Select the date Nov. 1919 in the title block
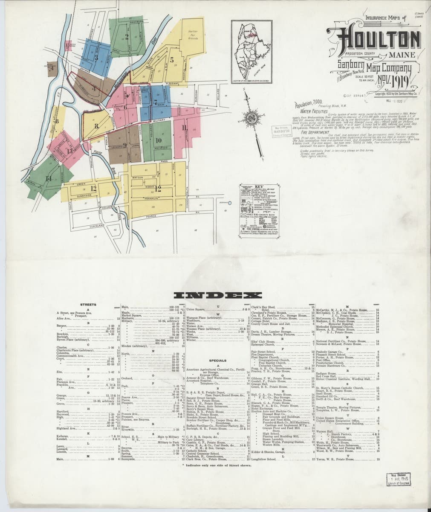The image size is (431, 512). pos(395,79)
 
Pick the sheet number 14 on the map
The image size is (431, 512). pos(49,178)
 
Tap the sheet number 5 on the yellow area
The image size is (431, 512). pos(171,59)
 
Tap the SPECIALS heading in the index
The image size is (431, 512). pos(217,360)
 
